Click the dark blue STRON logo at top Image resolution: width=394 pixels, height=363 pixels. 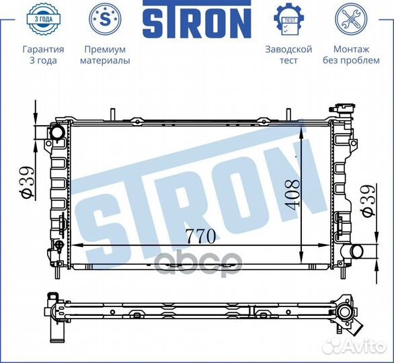click(197, 19)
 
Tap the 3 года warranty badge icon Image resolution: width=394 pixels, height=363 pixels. click(43, 19)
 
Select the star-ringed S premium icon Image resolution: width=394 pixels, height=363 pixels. click(105, 19)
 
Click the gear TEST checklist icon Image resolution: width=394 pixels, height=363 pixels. click(288, 19)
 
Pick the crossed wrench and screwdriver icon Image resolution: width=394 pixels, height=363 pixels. click(351, 19)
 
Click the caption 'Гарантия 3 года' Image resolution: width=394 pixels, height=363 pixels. click(43, 54)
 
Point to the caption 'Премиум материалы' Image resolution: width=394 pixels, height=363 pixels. click(105, 54)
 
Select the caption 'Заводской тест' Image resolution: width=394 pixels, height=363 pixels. click(288, 54)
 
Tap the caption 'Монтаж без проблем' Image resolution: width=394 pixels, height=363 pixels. click(351, 54)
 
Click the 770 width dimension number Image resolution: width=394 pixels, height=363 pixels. click(201, 237)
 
